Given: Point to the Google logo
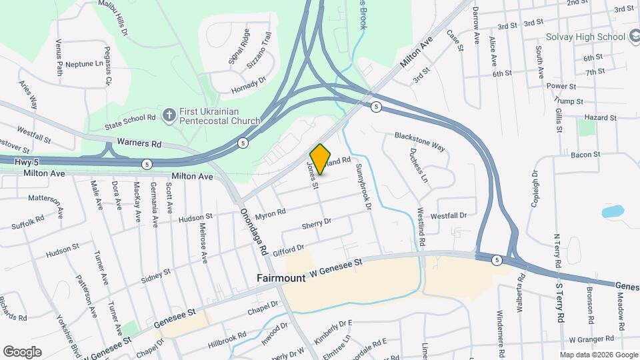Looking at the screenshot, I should click(22, 351).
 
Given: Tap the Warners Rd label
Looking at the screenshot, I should click(139, 143).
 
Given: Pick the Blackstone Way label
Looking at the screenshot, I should click(419, 141).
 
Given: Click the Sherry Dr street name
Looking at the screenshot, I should click(317, 225).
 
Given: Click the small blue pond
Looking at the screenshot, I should click(611, 212).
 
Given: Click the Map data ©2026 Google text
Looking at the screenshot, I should click(598, 355).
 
